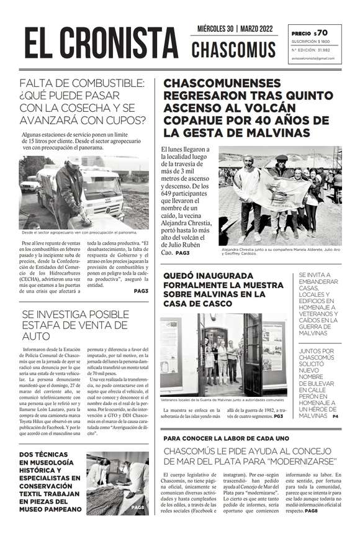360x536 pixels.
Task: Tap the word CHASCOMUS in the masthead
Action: pos(233,50)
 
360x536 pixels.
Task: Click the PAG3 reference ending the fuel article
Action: pos(141,291)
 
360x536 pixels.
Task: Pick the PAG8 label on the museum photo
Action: pos(138,507)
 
